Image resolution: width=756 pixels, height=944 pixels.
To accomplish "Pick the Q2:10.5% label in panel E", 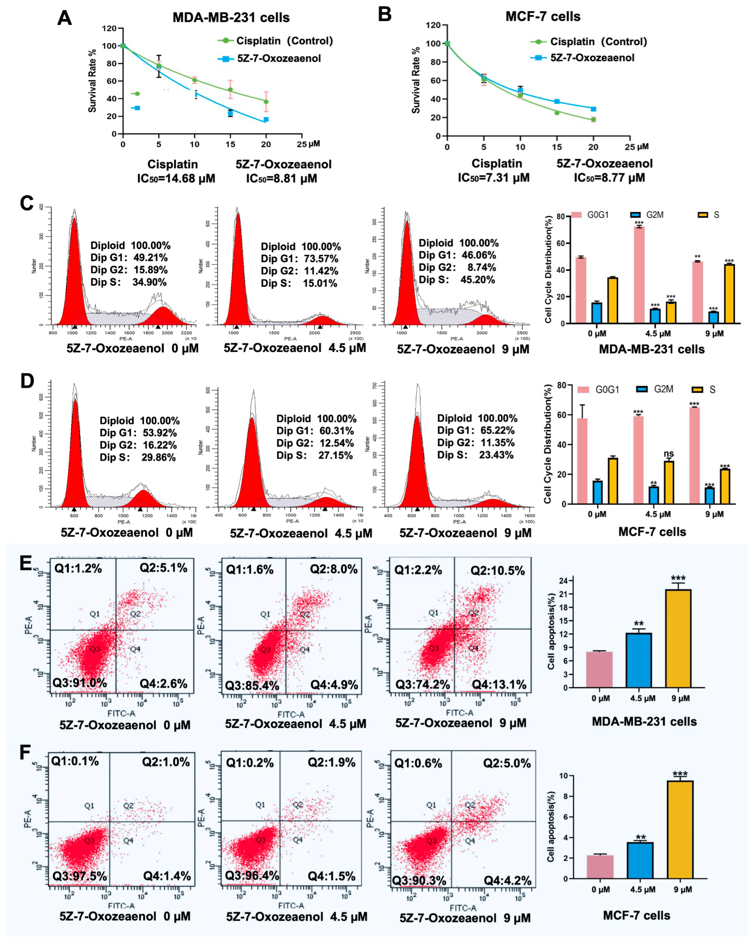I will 497,571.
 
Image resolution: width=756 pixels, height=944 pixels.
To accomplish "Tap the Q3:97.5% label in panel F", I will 80,876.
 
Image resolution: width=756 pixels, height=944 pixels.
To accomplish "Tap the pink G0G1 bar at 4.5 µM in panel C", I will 639,275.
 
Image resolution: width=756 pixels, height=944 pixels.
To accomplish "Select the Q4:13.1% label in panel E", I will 499,684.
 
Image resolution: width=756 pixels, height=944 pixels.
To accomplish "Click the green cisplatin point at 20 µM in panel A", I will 266,102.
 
